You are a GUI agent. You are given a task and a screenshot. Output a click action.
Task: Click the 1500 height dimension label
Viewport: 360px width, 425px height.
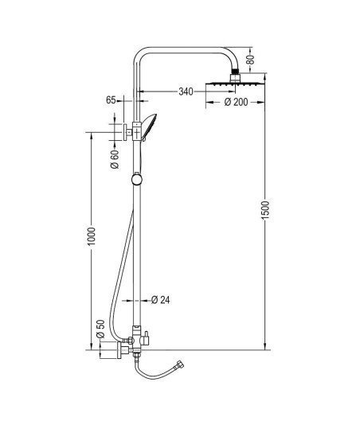click(265, 211)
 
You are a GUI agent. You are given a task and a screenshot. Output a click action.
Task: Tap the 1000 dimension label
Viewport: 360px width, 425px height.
click(92, 236)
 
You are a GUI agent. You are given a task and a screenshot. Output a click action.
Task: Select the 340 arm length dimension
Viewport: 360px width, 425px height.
click(186, 92)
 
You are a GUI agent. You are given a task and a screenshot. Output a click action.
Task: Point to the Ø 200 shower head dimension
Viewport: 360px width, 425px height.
click(236, 102)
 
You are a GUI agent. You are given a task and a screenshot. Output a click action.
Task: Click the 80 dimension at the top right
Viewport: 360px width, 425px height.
click(250, 60)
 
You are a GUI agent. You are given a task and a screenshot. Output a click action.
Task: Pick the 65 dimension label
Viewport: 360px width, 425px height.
click(111, 100)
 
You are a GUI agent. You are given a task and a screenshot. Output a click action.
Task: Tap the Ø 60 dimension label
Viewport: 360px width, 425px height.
click(115, 159)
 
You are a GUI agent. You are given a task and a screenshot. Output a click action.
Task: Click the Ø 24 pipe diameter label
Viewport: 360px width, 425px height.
click(160, 300)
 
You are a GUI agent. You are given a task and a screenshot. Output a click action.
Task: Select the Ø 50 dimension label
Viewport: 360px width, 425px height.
click(100, 329)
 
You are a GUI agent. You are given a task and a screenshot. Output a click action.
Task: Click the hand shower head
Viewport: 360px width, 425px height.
click(149, 127)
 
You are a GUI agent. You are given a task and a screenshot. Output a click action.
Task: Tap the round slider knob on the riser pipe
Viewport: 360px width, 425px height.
click(137, 179)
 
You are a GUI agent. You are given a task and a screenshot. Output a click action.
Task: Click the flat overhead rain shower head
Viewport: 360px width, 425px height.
click(235, 84)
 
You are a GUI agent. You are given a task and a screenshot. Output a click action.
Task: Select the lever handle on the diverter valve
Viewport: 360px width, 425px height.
click(146, 338)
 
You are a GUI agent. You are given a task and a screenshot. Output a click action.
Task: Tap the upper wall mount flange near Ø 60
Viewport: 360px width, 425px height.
click(125, 133)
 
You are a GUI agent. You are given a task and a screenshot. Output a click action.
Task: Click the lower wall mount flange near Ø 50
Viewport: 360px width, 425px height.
click(119, 350)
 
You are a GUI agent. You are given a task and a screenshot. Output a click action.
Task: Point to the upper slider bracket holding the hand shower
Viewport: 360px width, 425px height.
click(137, 132)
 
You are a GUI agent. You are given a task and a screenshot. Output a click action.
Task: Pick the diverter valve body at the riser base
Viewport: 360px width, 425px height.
click(136, 339)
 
